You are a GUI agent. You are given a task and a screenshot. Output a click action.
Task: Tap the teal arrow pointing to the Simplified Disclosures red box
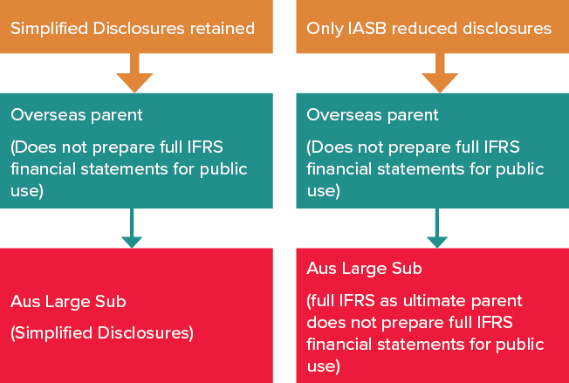(x=132, y=229)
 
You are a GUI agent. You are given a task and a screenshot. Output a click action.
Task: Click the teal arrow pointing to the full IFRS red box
(x=435, y=229)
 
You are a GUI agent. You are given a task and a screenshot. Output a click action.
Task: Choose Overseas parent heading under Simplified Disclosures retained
(x=77, y=114)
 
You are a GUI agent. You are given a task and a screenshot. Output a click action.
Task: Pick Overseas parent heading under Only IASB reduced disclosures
(x=373, y=114)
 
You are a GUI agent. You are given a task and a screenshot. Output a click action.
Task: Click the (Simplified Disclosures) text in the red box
(x=101, y=332)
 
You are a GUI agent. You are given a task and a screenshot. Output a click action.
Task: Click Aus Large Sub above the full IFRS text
(x=364, y=269)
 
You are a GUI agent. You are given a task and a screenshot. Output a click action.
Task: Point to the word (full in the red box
(x=324, y=301)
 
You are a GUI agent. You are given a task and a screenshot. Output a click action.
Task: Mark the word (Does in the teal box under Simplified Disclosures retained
(x=31, y=147)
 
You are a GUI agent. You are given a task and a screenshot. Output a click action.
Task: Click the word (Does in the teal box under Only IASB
(x=328, y=147)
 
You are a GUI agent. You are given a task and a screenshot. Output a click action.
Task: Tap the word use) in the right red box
(x=323, y=366)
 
